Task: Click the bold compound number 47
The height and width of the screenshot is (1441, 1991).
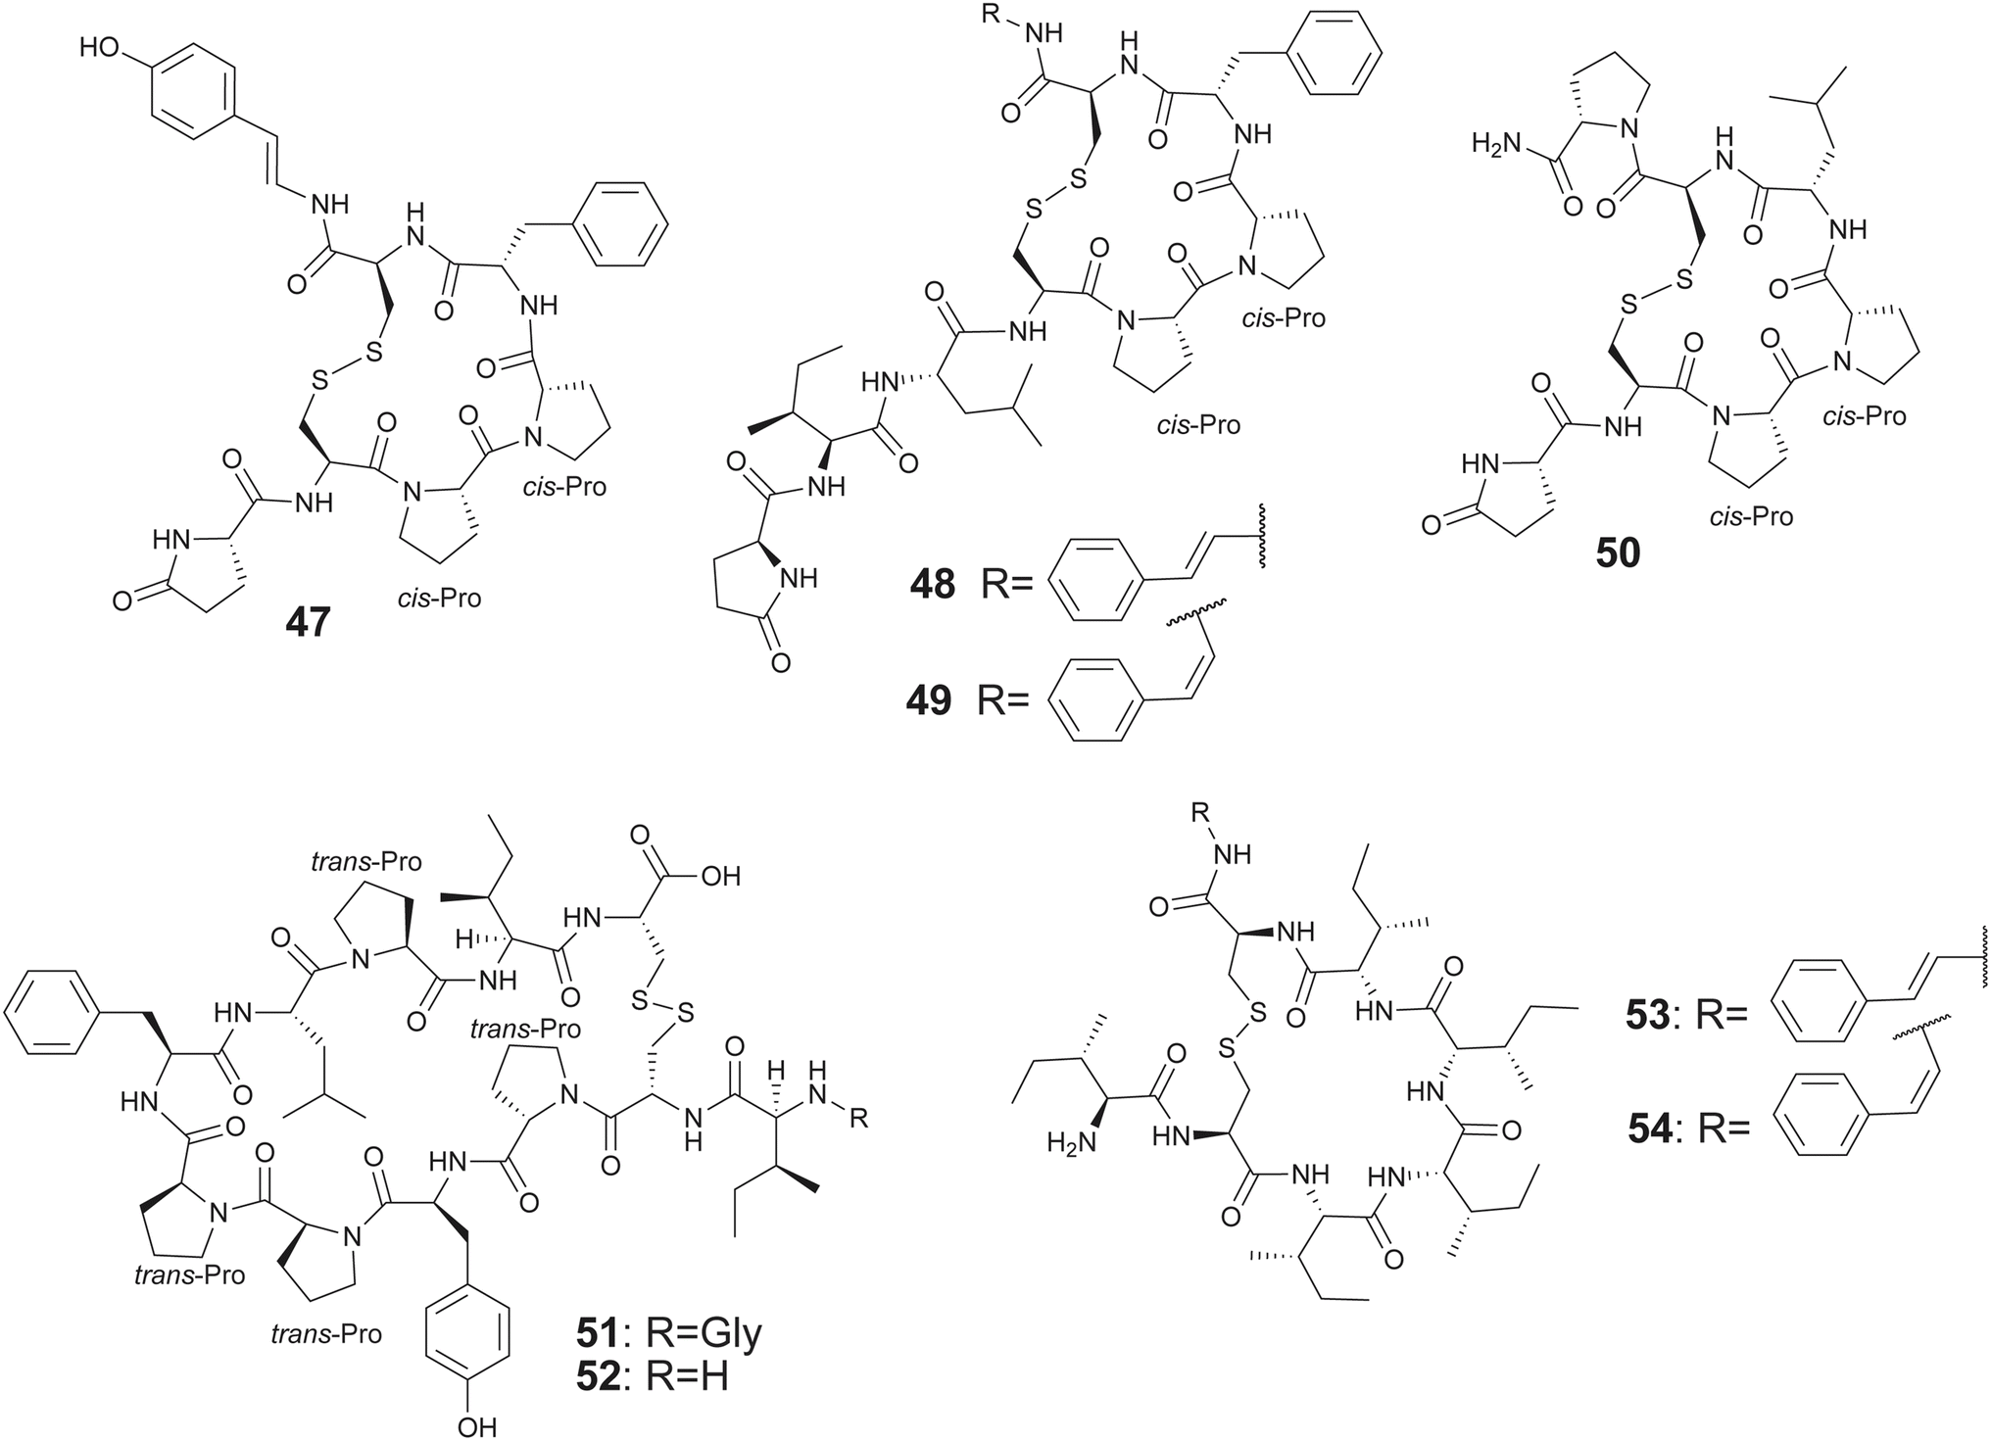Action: coord(308,621)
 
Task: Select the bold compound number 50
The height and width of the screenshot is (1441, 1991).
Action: coord(1618,553)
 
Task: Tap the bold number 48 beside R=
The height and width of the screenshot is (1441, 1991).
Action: coord(932,585)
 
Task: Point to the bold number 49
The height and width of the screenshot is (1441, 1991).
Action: coord(930,700)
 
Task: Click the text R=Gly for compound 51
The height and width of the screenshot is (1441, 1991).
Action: coord(704,1334)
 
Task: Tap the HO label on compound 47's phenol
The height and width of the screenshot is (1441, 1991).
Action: coord(102,47)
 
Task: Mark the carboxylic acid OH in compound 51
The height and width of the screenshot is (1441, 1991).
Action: coord(720,876)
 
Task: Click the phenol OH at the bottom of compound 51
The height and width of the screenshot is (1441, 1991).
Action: coord(477,1425)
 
